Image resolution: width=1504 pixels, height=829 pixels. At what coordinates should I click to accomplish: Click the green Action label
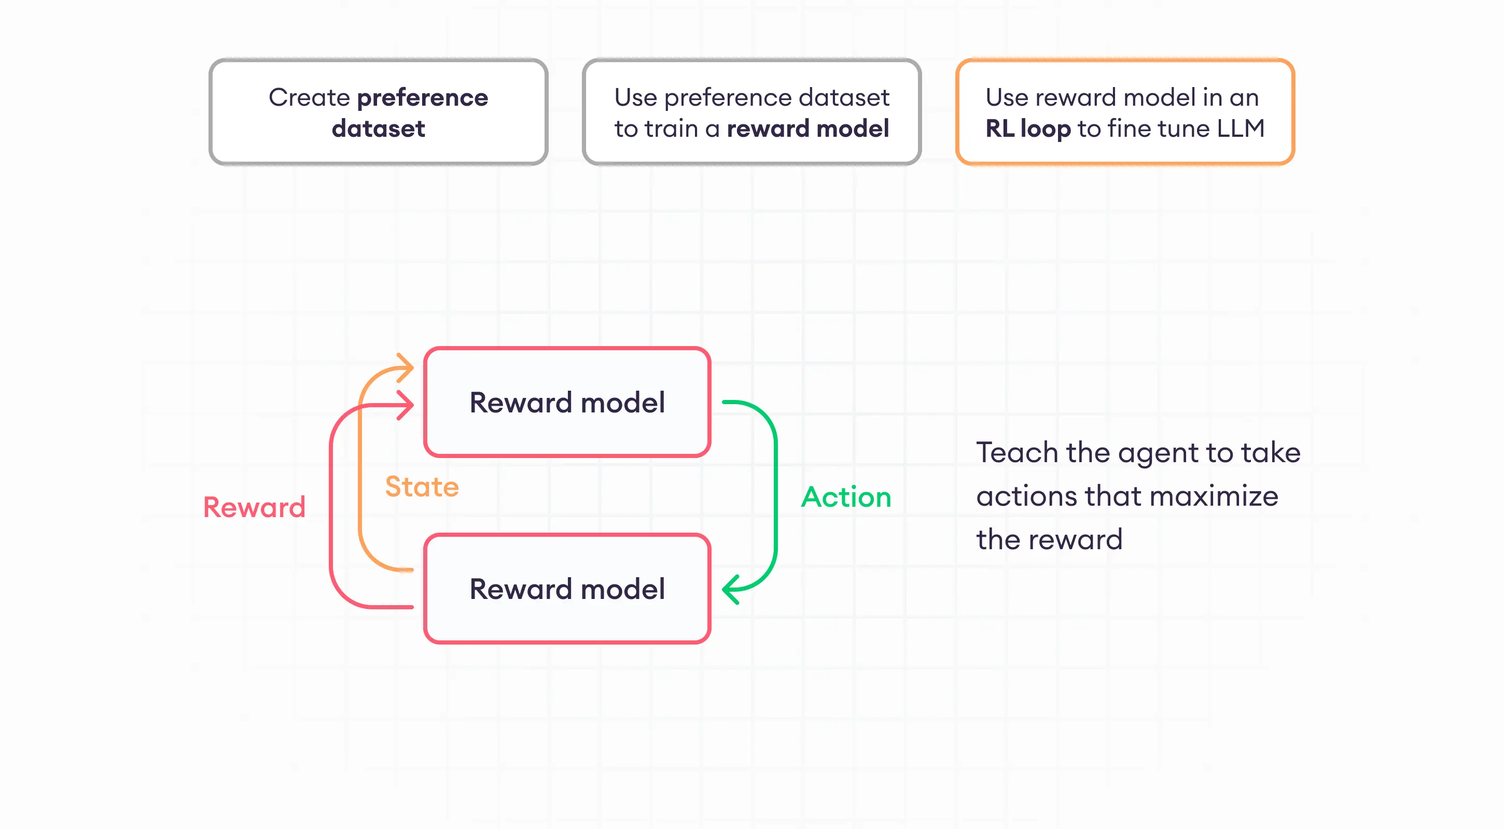click(846, 497)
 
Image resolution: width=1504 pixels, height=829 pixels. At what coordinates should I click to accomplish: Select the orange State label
click(422, 487)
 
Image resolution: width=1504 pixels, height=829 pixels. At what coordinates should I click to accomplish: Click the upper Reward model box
click(567, 402)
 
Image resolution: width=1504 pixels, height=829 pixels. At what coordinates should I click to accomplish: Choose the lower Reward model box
click(567, 588)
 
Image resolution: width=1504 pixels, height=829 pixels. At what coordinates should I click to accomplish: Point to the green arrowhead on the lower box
click(730, 589)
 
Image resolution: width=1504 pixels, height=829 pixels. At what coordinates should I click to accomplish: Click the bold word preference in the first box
click(422, 97)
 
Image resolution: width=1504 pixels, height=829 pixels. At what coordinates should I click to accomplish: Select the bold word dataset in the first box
click(379, 128)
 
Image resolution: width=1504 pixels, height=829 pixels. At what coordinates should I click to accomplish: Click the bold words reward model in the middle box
click(807, 128)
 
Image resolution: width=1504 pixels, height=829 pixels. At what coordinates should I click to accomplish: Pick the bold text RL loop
click(1027, 128)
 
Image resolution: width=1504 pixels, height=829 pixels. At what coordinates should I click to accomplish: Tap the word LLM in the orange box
click(1241, 128)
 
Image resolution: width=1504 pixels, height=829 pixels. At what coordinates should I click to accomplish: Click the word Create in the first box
click(309, 97)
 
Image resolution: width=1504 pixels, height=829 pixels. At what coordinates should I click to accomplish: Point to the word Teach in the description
click(1017, 453)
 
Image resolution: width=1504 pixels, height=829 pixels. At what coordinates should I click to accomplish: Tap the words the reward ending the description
click(1049, 539)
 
